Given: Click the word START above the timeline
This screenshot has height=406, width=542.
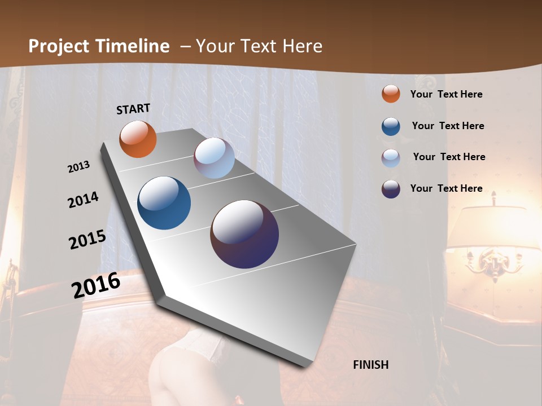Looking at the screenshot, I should coord(133,109).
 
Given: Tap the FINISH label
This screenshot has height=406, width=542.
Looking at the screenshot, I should coord(371,365).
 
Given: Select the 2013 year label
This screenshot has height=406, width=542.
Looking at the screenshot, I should coord(79,167).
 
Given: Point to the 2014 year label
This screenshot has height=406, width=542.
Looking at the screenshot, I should coord(84,200).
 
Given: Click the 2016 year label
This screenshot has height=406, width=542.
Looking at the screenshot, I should coord(96,285).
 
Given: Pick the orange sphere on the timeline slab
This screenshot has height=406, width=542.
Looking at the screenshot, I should coord(138,139).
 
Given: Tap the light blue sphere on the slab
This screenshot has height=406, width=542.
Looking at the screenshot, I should coord(214,158).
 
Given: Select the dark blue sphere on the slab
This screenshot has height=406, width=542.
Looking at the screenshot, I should coord(164,203).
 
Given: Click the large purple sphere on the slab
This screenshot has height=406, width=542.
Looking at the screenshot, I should coord(244,234).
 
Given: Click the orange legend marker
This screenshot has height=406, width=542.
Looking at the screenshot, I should coord(391,94).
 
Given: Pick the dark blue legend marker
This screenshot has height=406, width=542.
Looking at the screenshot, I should coord(391,126).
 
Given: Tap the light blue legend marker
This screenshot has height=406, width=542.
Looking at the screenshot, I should coord(391,158).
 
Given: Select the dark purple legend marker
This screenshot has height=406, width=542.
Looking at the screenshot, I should coord(391,189).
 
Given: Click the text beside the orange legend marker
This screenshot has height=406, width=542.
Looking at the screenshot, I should coord(446,94).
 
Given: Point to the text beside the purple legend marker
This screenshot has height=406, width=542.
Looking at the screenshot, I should coord(446,188).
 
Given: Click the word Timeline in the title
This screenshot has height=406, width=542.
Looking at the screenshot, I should coord(133,46).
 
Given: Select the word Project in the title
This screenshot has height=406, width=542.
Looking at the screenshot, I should coord(59,46).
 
